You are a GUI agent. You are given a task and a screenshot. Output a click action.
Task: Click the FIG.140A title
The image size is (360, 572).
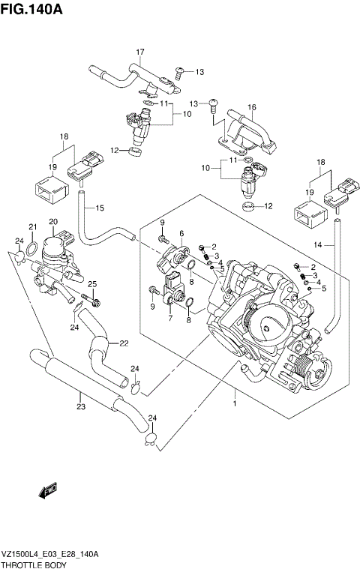(x=31, y=10)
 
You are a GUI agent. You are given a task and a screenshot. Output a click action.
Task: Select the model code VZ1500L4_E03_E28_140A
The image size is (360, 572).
(x=51, y=553)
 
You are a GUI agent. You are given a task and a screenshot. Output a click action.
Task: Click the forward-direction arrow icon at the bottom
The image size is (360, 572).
(x=49, y=490)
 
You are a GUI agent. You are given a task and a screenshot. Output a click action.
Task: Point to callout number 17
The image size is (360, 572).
(x=139, y=51)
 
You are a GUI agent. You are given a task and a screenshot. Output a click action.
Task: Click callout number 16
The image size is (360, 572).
(x=252, y=107)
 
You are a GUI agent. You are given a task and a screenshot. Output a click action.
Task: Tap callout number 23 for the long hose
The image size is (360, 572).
(x=80, y=407)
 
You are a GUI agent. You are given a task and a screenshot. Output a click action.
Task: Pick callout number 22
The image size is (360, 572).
(x=124, y=343)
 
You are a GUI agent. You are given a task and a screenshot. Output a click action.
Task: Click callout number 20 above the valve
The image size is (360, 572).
(x=53, y=221)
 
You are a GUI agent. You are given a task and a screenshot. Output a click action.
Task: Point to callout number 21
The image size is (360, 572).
(x=32, y=227)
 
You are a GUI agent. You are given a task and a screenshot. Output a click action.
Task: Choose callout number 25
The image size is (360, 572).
(x=92, y=283)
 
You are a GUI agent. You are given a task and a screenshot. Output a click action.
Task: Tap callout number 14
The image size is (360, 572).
(x=318, y=244)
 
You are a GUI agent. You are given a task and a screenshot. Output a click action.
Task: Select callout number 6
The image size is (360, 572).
(x=181, y=234)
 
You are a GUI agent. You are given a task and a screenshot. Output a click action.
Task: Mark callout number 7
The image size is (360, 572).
(x=170, y=319)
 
